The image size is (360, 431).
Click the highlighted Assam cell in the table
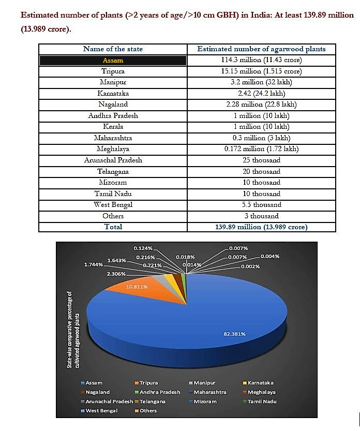pyautogui.click(x=113, y=61)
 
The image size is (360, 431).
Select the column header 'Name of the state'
pyautogui.click(x=113, y=49)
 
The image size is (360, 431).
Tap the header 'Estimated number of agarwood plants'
pyautogui.click(x=261, y=49)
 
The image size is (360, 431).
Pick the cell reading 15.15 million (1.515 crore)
pyautogui.click(x=261, y=71)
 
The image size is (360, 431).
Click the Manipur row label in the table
pyautogui.click(x=113, y=82)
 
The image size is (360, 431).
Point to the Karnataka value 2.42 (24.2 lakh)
pyautogui.click(x=261, y=94)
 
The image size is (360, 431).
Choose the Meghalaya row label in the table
pyautogui.click(x=113, y=149)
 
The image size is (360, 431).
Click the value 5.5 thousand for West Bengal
pyautogui.click(x=261, y=204)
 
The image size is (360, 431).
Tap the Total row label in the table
pyautogui.click(x=113, y=227)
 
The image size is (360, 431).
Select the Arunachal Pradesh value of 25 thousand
pyautogui.click(x=261, y=160)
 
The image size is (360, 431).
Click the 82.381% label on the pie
pyautogui.click(x=234, y=334)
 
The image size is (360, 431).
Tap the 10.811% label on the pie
pyautogui.click(x=137, y=287)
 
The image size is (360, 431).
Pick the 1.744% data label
pyautogui.click(x=94, y=264)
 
